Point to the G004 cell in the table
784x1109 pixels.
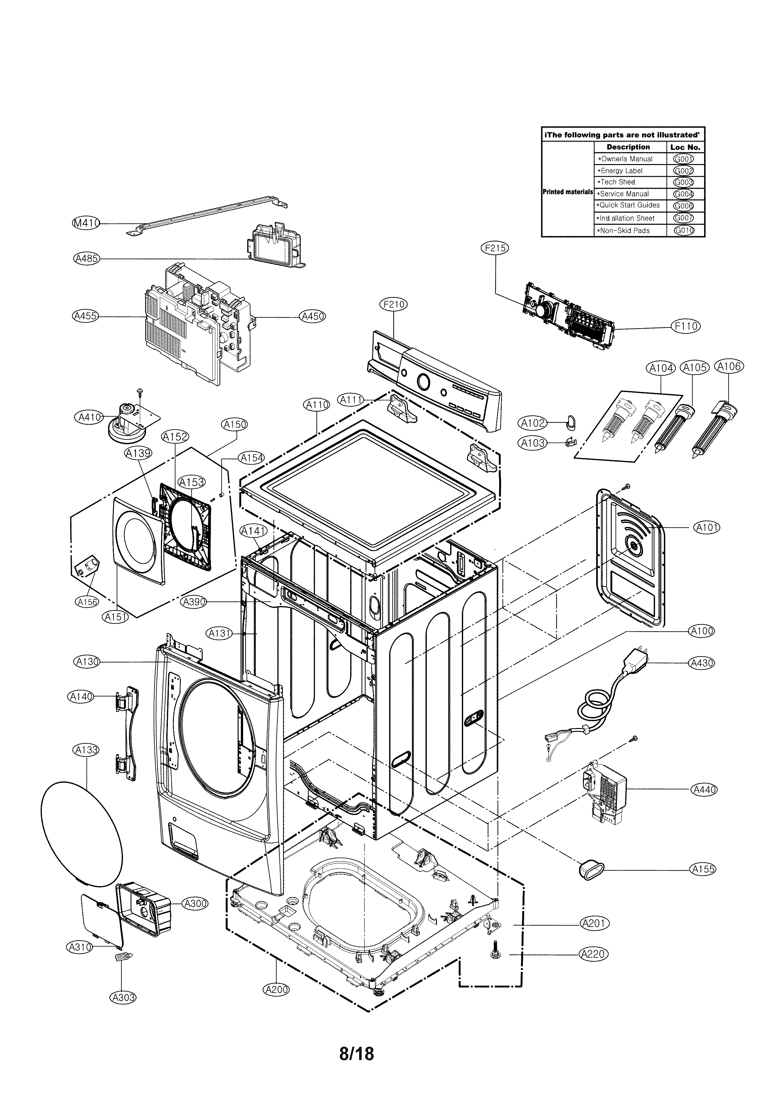coord(683,194)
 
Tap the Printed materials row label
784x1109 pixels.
coord(567,192)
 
